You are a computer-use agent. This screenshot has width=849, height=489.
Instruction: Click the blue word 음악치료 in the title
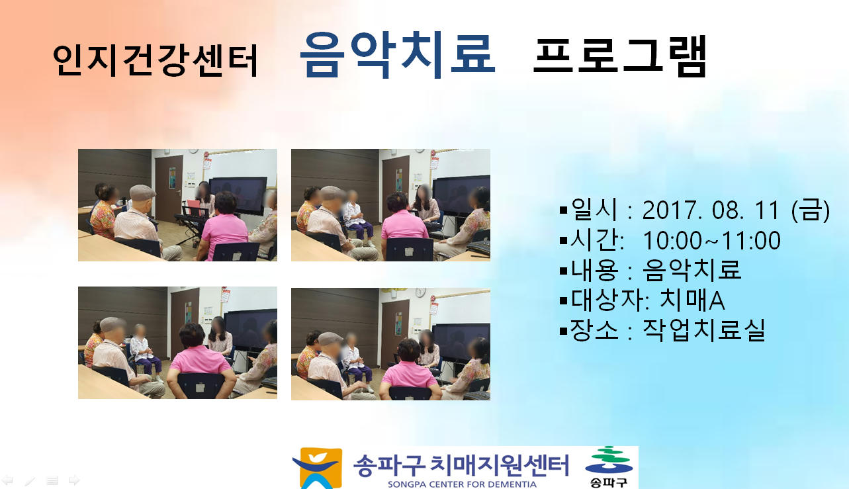[398, 56]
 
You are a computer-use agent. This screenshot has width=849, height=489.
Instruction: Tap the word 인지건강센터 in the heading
[156, 61]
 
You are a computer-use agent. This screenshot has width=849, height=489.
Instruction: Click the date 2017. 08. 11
[711, 210]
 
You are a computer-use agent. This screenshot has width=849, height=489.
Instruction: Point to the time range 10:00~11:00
[712, 240]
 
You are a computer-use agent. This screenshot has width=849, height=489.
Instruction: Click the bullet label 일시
[594, 209]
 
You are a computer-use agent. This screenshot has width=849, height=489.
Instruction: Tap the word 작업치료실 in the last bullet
[704, 330]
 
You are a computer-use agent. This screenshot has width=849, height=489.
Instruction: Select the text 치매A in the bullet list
[692, 300]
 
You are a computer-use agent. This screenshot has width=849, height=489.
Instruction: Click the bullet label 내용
[594, 270]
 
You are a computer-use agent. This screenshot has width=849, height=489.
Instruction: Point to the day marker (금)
[811, 210]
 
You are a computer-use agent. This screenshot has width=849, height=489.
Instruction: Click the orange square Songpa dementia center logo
[318, 468]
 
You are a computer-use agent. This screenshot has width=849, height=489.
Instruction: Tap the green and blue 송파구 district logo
[608, 467]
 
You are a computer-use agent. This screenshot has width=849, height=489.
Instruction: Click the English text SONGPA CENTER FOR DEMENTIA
[462, 484]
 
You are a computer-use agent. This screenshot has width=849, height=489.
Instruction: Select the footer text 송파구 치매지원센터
[461, 465]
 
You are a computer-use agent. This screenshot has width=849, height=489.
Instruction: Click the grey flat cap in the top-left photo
[142, 191]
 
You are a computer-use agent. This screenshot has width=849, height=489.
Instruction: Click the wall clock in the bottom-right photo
[420, 292]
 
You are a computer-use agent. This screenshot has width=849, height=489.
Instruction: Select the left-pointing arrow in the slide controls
[7, 480]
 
